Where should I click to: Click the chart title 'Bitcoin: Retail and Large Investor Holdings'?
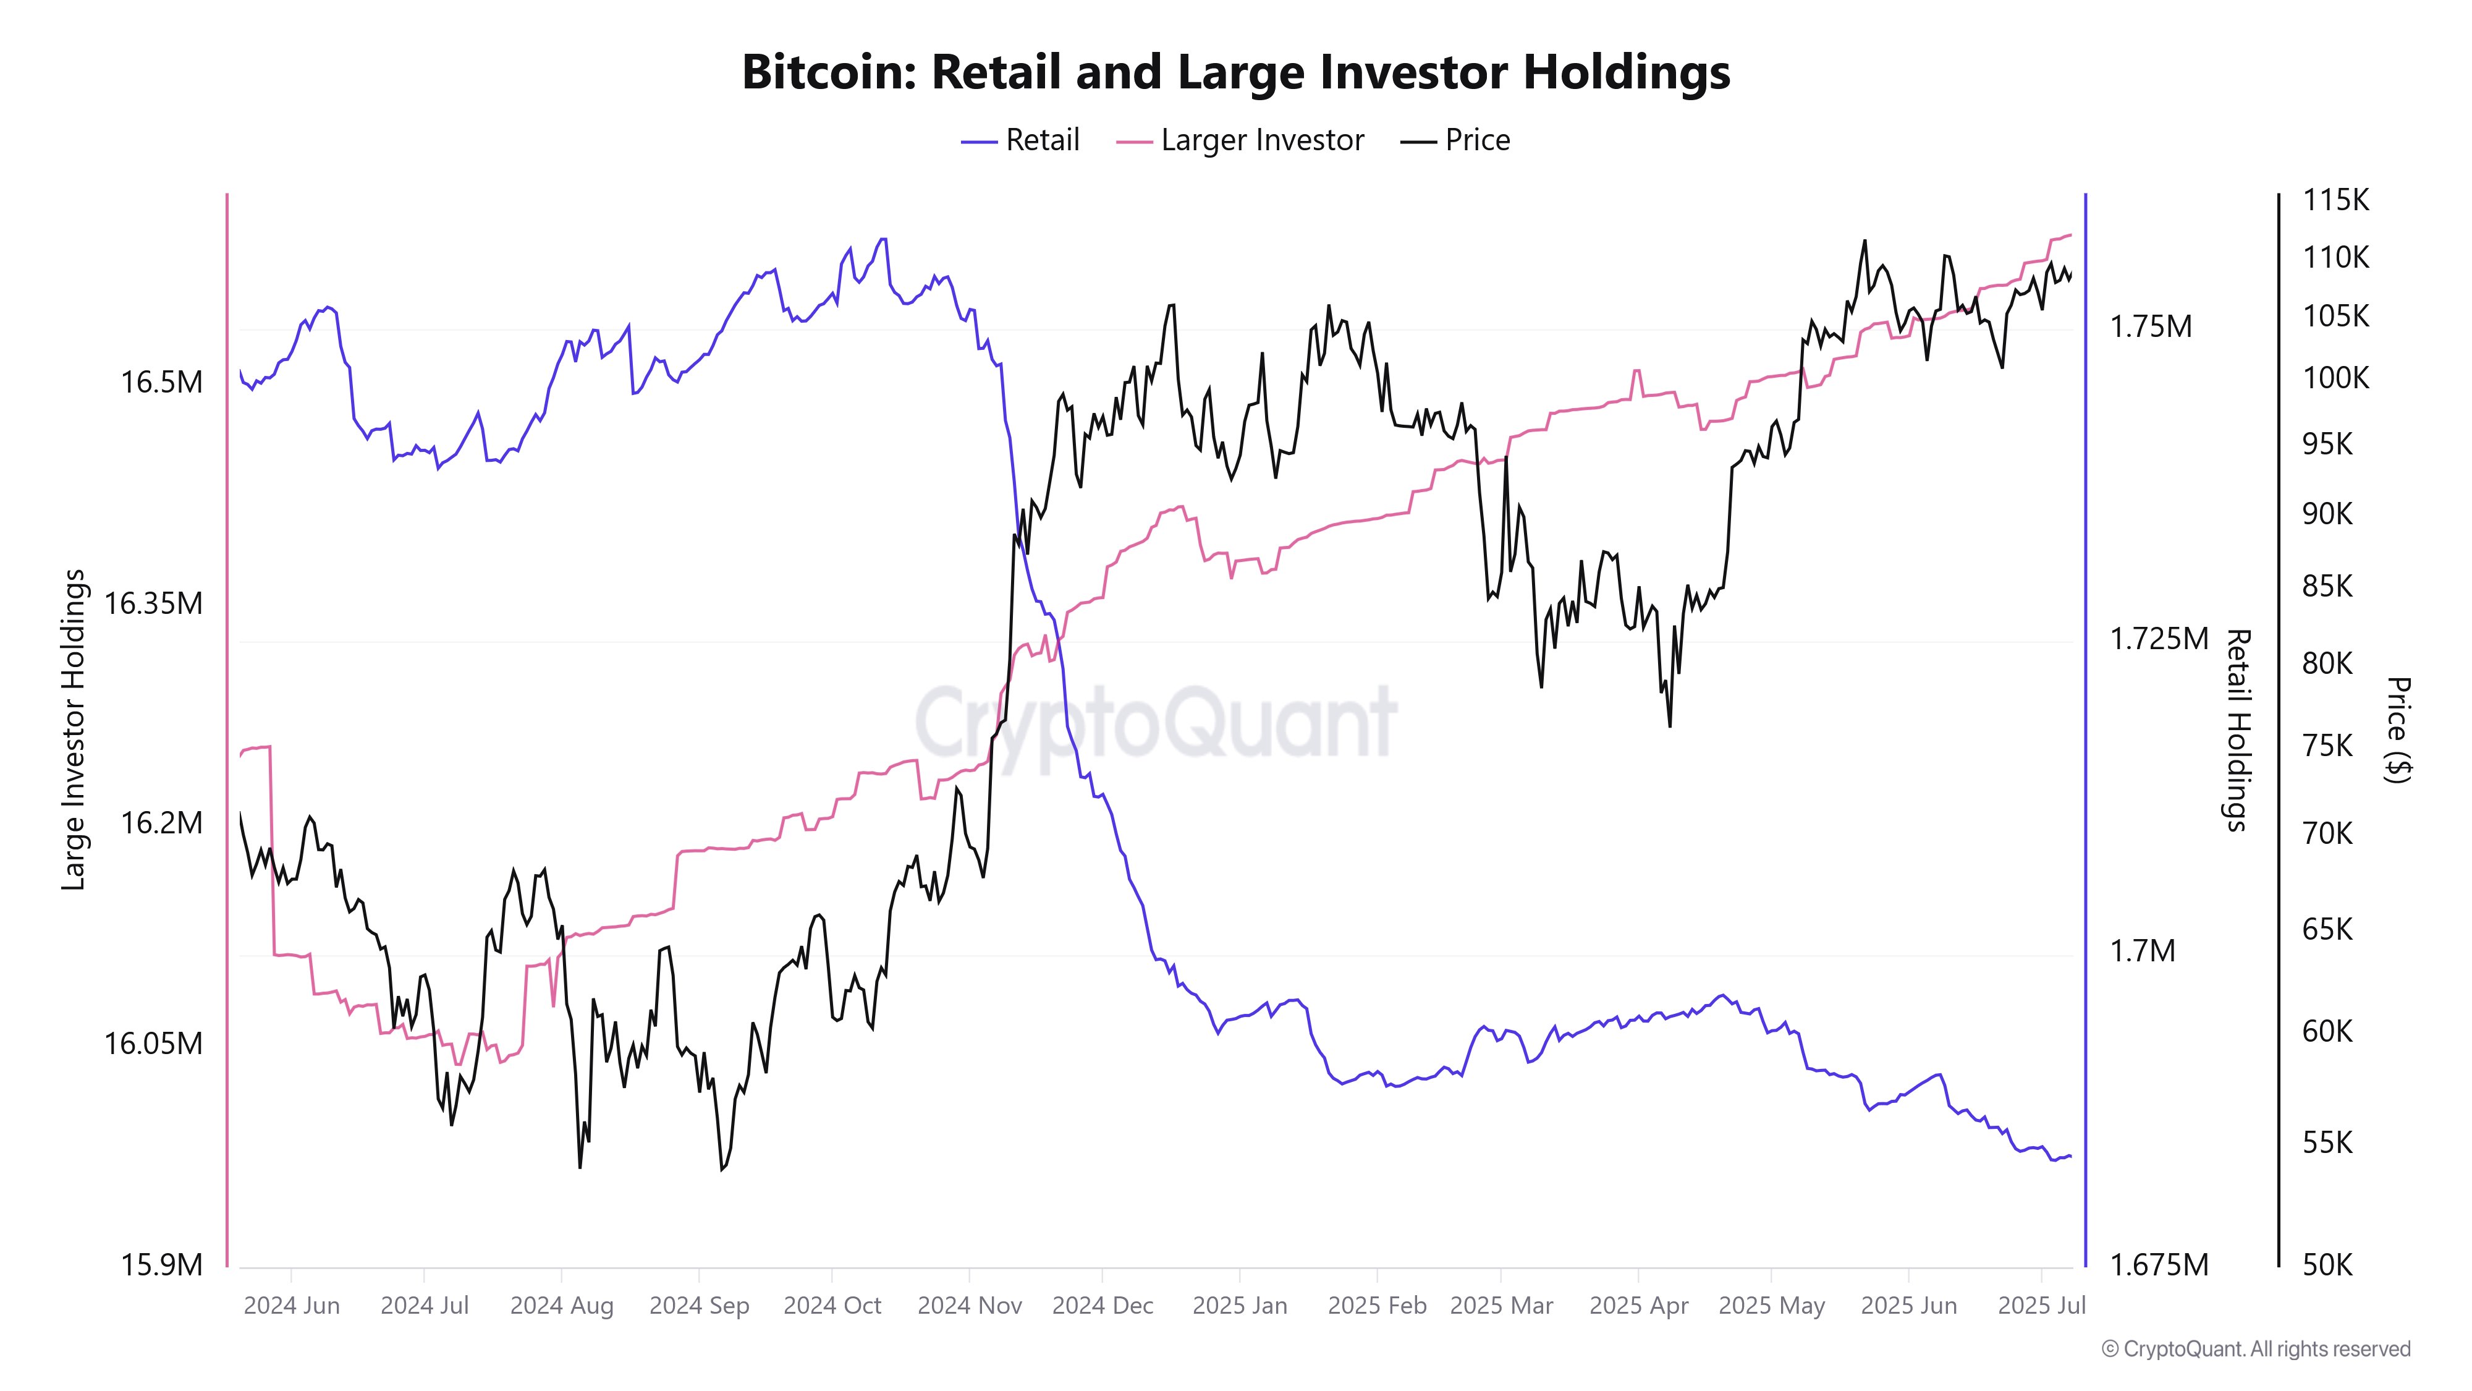pos(1236,72)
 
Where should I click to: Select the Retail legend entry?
pos(1020,140)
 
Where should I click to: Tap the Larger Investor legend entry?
pos(1240,140)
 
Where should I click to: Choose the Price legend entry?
pos(1455,140)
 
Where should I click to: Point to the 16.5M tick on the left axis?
pos(161,382)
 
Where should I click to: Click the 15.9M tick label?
pos(161,1264)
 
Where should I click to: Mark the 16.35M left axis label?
pos(153,603)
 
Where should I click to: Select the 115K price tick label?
pos(2336,200)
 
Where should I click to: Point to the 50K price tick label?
pos(2328,1264)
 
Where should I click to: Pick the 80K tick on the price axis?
pos(2328,662)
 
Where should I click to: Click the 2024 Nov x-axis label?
pos(969,1306)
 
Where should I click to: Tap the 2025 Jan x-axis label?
pos(1240,1306)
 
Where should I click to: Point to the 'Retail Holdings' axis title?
pos(2238,730)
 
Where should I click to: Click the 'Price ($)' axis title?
pos(2397,730)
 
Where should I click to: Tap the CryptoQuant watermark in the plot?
pos(1156,722)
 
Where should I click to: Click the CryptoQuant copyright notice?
pos(2255,1349)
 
